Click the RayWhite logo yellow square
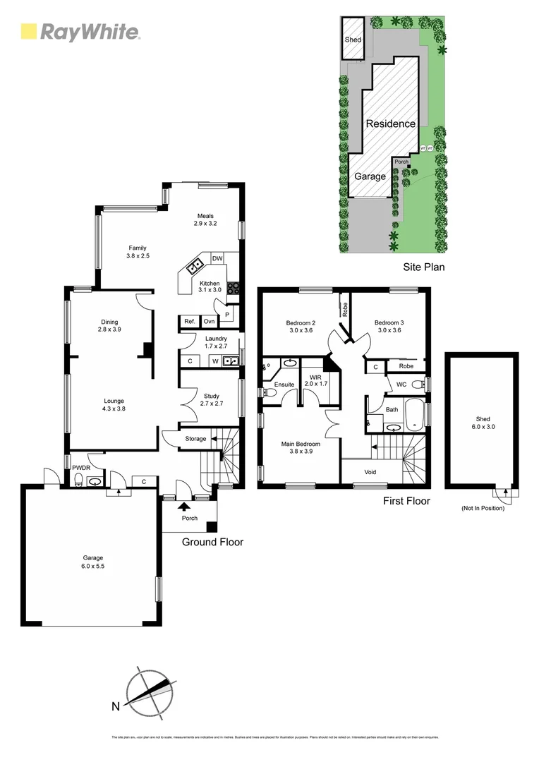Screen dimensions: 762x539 pos(29,31)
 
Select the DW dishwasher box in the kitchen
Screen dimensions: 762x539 pos(217,259)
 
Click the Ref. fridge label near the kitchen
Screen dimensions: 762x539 pos(189,322)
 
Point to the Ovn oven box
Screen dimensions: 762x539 pos(209,322)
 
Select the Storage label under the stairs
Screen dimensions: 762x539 pos(195,439)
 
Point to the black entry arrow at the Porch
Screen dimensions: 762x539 pos(185,505)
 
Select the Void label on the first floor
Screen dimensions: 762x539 pos(370,472)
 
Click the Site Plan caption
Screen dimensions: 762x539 pos(423,267)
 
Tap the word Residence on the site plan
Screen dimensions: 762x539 pos(390,123)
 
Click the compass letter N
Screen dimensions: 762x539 pos(114,706)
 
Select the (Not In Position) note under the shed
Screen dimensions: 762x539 pos(483,508)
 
